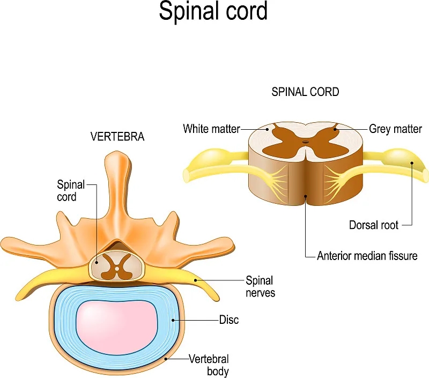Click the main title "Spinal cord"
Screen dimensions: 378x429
tap(213, 12)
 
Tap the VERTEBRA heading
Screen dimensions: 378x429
tap(117, 137)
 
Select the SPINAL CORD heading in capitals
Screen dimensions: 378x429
tap(305, 92)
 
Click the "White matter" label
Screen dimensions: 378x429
tap(211, 129)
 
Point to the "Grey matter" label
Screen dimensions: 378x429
tap(395, 129)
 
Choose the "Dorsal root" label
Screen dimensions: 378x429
tap(375, 225)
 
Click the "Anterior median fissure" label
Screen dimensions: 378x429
tap(367, 255)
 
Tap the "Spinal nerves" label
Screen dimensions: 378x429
tap(260, 286)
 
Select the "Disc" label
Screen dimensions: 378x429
tap(229, 320)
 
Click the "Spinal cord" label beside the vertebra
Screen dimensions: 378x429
tap(71, 191)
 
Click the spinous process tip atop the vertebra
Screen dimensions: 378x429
tap(114, 159)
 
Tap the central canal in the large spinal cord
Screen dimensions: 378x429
tap(305, 143)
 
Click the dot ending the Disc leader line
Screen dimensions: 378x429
tap(172, 320)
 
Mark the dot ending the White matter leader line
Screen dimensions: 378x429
tap(267, 129)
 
